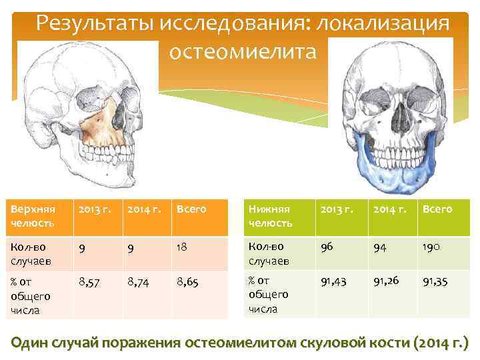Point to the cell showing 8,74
click(x=139, y=283)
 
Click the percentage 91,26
click(x=387, y=282)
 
